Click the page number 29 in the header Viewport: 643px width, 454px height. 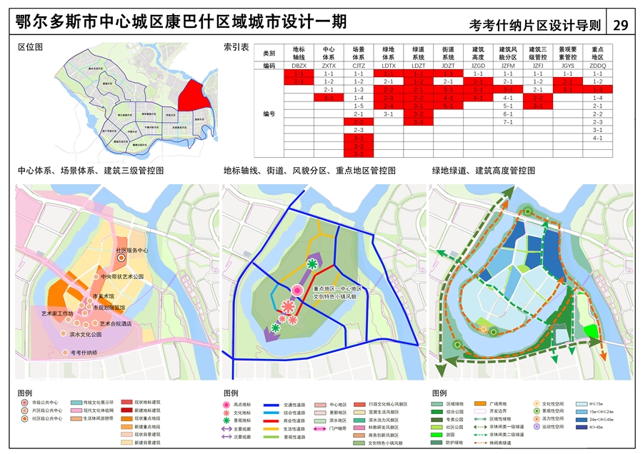(x=620, y=24)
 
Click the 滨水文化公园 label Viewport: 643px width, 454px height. (x=86, y=334)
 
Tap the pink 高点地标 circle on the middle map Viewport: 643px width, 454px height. (x=297, y=290)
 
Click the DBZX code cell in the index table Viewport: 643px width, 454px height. (x=299, y=65)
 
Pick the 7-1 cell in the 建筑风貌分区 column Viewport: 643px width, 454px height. (x=509, y=122)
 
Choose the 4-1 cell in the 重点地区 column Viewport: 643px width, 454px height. (x=598, y=138)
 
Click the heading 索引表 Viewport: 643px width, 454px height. (x=236, y=46)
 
